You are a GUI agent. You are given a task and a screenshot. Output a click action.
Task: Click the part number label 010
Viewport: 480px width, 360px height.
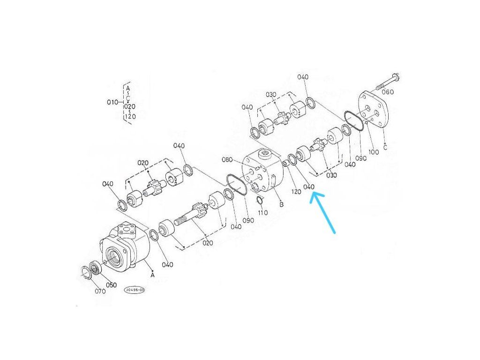pyautogui.click(x=112, y=102)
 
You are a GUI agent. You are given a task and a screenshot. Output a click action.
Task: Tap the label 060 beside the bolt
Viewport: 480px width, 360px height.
pyautogui.click(x=388, y=92)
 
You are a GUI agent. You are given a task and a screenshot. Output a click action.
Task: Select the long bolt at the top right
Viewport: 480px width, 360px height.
pyautogui.click(x=388, y=82)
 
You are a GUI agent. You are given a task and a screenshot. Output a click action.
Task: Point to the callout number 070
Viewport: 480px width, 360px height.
pyautogui.click(x=100, y=291)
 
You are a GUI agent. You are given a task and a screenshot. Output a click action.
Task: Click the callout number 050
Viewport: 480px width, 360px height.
pyautogui.click(x=111, y=285)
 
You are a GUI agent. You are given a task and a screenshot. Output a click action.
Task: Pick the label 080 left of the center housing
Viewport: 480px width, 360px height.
pyautogui.click(x=227, y=159)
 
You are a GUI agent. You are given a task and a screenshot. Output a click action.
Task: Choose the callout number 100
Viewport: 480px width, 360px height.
pyautogui.click(x=374, y=152)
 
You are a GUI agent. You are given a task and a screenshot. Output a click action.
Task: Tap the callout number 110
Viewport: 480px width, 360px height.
pyautogui.click(x=262, y=212)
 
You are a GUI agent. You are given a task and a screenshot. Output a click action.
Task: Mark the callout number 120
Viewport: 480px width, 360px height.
pyautogui.click(x=296, y=192)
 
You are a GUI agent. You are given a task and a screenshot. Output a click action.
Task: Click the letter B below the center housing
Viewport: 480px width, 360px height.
pyautogui.click(x=281, y=204)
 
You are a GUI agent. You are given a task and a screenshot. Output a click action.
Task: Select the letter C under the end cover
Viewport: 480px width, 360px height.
pyautogui.click(x=385, y=147)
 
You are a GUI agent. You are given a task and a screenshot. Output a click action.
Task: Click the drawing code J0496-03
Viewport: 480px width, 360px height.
pyautogui.click(x=134, y=290)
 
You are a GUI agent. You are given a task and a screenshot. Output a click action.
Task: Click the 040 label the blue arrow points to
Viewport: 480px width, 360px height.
pyautogui.click(x=308, y=187)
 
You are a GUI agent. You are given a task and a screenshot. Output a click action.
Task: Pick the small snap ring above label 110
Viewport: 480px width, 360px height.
pyautogui.click(x=260, y=200)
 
